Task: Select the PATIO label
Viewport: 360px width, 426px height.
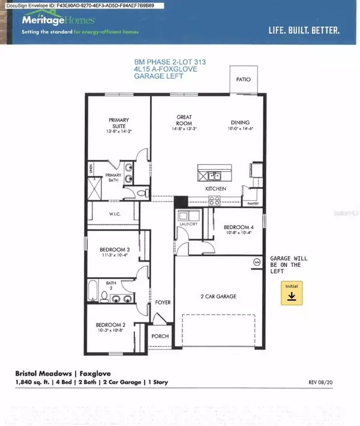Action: pyautogui.click(x=243, y=79)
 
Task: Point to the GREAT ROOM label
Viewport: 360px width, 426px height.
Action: pyautogui.click(x=184, y=120)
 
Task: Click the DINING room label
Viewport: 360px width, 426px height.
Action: pyautogui.click(x=239, y=120)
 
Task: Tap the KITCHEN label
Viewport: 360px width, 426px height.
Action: pyautogui.click(x=215, y=189)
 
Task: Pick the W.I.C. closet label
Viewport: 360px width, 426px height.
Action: pyautogui.click(x=116, y=214)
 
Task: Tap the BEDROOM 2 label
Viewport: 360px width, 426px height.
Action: pyautogui.click(x=111, y=325)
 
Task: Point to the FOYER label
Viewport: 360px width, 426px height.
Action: pyautogui.click(x=163, y=302)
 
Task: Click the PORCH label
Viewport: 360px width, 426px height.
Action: pyautogui.click(x=160, y=337)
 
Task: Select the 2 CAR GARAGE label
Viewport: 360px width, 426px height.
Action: pyautogui.click(x=218, y=296)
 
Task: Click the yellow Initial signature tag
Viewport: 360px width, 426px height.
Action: pyautogui.click(x=292, y=294)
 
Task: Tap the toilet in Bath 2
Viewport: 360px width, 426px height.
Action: pyautogui.click(x=104, y=296)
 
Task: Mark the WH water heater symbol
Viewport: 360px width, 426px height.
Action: pyautogui.click(x=257, y=262)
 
